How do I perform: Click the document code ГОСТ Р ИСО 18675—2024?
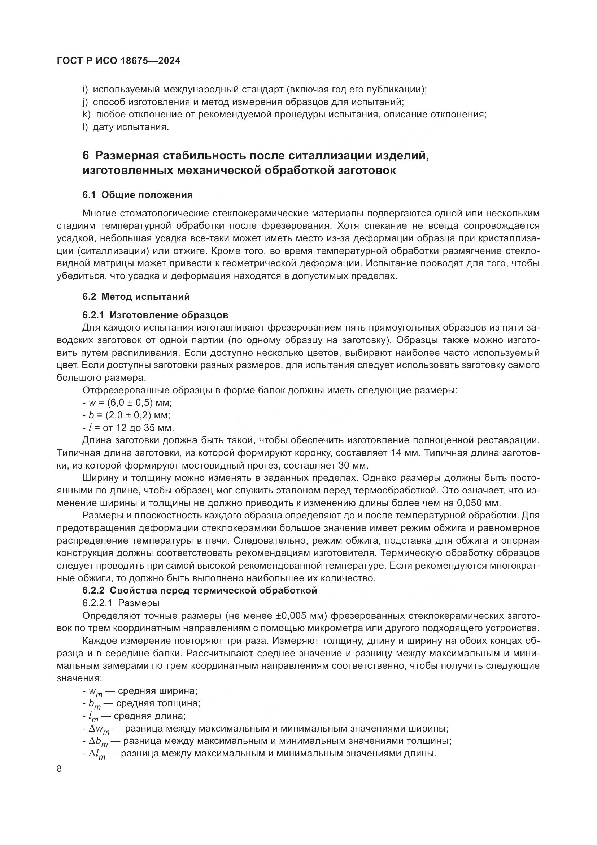click(119, 61)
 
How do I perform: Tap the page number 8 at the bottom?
click(60, 769)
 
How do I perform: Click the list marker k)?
click(86, 115)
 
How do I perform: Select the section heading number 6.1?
click(89, 195)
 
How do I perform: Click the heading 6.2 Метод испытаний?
click(136, 296)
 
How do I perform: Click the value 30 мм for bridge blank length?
click(350, 465)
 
